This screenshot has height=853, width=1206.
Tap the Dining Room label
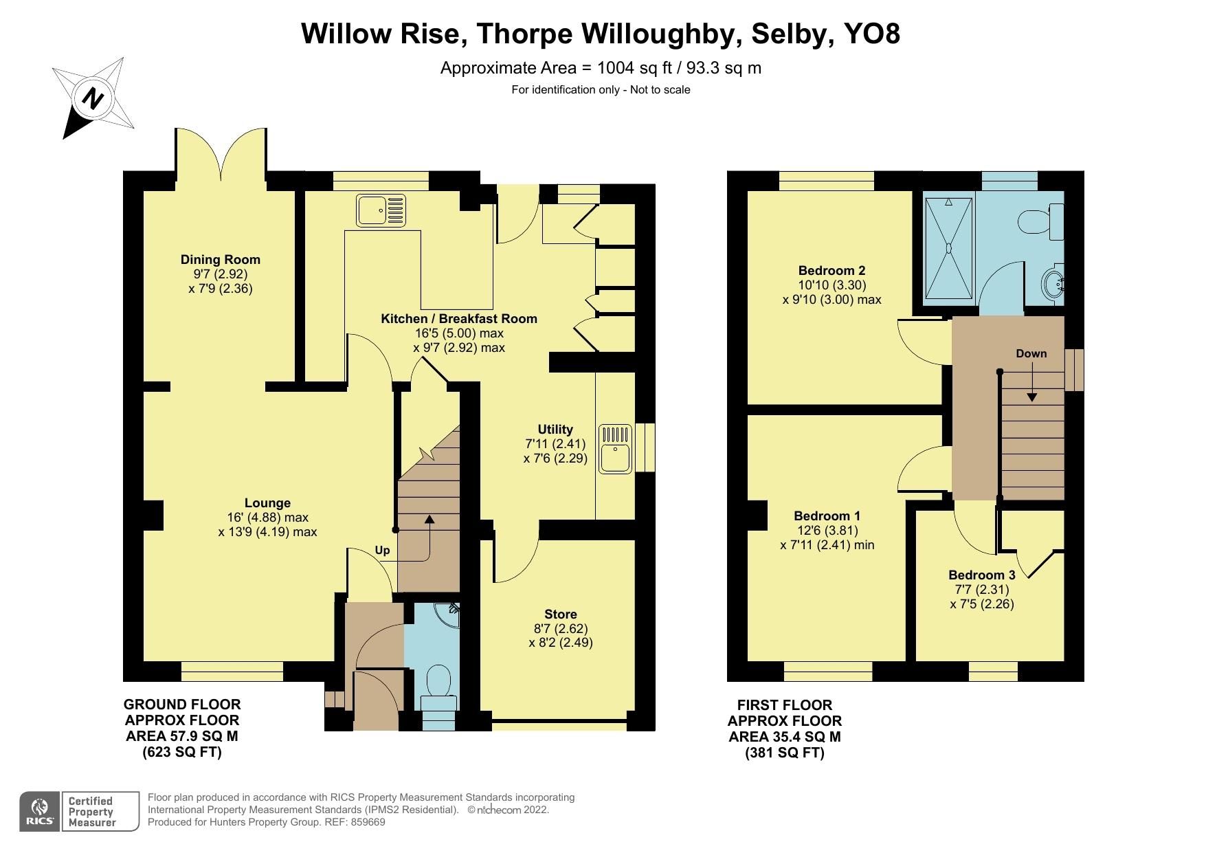[x=220, y=259]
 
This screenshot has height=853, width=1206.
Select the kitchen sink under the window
[x=381, y=210]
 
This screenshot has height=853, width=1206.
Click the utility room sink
[x=615, y=450]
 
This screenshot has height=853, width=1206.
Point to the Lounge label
[x=267, y=502]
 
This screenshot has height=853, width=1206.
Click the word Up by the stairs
[x=382, y=550]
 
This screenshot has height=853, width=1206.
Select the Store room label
[x=560, y=614]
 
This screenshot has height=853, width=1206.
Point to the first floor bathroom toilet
[x=1039, y=222]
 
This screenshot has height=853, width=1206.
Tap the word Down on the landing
[x=1031, y=353]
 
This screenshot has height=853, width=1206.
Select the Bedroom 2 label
[x=831, y=270]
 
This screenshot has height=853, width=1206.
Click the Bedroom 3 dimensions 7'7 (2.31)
[x=981, y=590]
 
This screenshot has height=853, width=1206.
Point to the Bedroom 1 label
[x=827, y=516]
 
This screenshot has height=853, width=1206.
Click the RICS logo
[x=40, y=812]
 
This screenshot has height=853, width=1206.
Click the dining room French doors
[x=221, y=153]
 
